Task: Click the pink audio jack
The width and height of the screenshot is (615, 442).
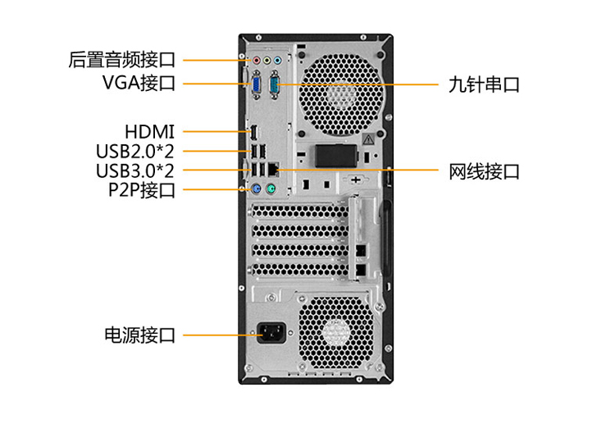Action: pyautogui.click(x=257, y=61)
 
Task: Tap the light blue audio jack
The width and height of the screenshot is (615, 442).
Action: pyautogui.click(x=278, y=61)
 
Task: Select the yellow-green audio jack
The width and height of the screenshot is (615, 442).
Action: pyautogui.click(x=267, y=61)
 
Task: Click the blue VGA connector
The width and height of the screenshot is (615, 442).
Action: pyautogui.click(x=257, y=84)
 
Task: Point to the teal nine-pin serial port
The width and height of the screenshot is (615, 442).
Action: pyautogui.click(x=275, y=84)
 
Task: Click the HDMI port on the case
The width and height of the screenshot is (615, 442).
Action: pyautogui.click(x=254, y=133)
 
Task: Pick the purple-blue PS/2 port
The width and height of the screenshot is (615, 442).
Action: pyautogui.click(x=256, y=189)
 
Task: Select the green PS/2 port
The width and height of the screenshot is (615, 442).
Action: pyautogui.click(x=271, y=189)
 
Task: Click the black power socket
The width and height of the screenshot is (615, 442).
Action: pyautogui.click(x=271, y=333)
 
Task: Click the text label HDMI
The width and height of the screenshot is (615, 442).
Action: pyautogui.click(x=149, y=132)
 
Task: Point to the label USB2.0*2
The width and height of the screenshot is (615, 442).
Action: pyautogui.click(x=135, y=151)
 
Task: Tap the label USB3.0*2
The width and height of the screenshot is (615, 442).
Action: pyautogui.click(x=135, y=171)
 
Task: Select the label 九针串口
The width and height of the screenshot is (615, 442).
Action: pyautogui.click(x=484, y=84)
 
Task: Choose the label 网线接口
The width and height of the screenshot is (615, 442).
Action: pyautogui.click(x=484, y=171)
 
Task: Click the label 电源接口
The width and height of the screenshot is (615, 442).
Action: pyautogui.click(x=140, y=335)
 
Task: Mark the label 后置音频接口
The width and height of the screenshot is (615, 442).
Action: pyautogui.click(x=122, y=60)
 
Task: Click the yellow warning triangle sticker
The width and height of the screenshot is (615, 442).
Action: pyautogui.click(x=368, y=139)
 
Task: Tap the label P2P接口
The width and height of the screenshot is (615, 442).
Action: pyautogui.click(x=142, y=190)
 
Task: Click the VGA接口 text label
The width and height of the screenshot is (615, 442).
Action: pyautogui.click(x=139, y=83)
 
